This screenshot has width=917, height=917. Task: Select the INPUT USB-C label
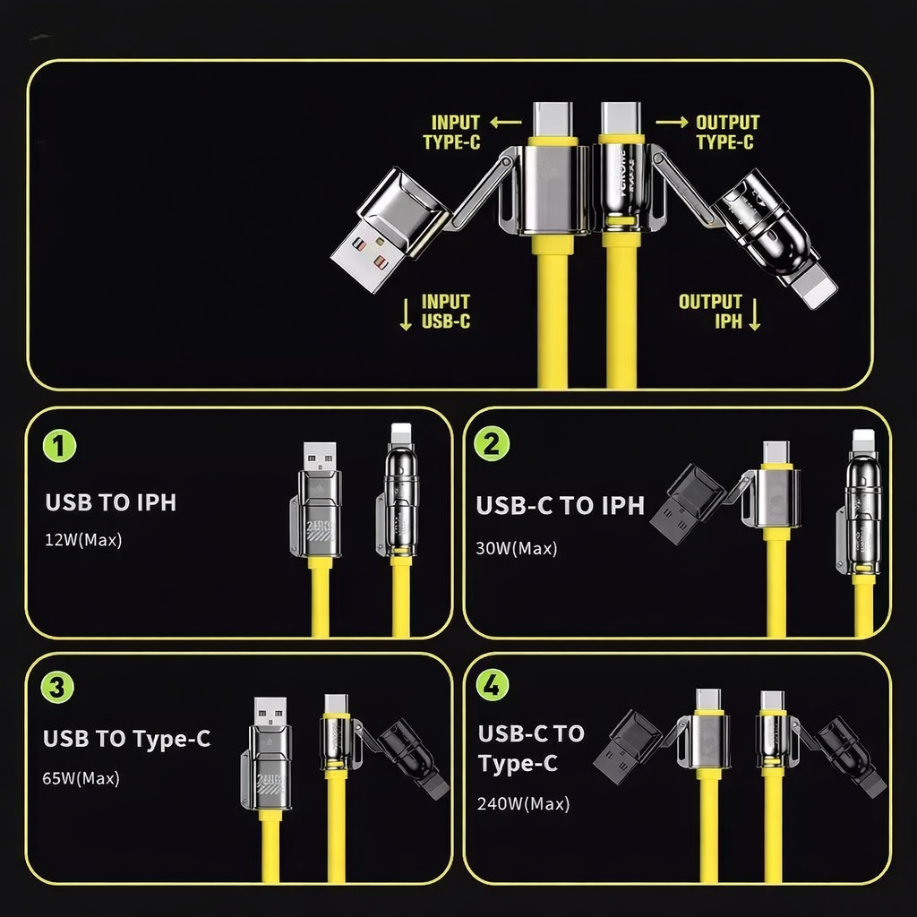pyautogui.click(x=445, y=312)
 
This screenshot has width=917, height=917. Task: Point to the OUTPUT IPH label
pyautogui.click(x=710, y=312)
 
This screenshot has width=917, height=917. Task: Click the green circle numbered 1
pyautogui.click(x=60, y=445)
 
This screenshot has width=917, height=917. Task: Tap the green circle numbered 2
pyautogui.click(x=492, y=443)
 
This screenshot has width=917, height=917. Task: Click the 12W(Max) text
pyautogui.click(x=83, y=540)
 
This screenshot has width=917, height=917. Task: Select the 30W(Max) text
pyautogui.click(x=517, y=548)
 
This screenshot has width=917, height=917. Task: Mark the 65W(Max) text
pyautogui.click(x=81, y=778)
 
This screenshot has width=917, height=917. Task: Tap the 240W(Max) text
pyautogui.click(x=524, y=803)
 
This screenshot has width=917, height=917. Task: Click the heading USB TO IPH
pyautogui.click(x=110, y=502)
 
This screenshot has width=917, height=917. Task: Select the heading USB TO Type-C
pyautogui.click(x=126, y=740)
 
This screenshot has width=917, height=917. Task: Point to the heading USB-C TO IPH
pyautogui.click(x=560, y=506)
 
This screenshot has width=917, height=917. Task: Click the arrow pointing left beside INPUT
pyautogui.click(x=506, y=123)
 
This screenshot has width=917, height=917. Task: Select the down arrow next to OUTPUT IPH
pyautogui.click(x=754, y=314)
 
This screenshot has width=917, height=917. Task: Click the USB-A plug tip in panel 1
pyautogui.click(x=320, y=457)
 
